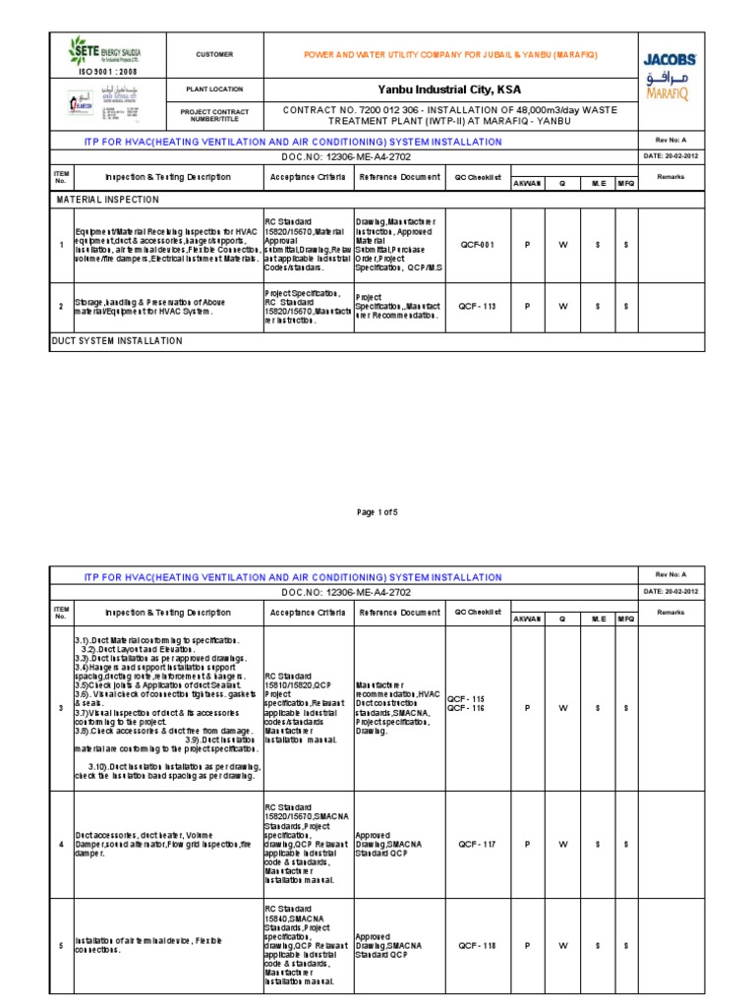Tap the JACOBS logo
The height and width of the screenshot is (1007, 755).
pos(670,57)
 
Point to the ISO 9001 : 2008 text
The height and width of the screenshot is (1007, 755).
pos(108,72)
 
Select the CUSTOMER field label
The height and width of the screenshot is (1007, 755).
pos(214,55)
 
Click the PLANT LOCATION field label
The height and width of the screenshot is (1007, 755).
pos(214,89)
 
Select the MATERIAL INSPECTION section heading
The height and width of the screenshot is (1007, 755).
pos(107,199)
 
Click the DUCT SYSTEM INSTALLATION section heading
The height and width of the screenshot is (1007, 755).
pos(119,341)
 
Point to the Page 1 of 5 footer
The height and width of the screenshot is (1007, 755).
pos(377,512)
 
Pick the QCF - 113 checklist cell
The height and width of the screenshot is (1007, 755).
pos(477,307)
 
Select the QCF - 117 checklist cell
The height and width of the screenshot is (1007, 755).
pos(477,844)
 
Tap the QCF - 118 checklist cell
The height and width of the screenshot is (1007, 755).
pos(477,946)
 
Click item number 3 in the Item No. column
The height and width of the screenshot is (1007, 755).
pos(61,707)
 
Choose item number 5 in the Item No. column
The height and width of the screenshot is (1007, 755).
pos(61,946)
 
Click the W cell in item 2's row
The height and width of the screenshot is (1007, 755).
pos(563,307)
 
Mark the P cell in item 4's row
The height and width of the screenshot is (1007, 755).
pos(527,844)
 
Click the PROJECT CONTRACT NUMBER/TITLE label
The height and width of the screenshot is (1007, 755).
pos(214,115)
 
